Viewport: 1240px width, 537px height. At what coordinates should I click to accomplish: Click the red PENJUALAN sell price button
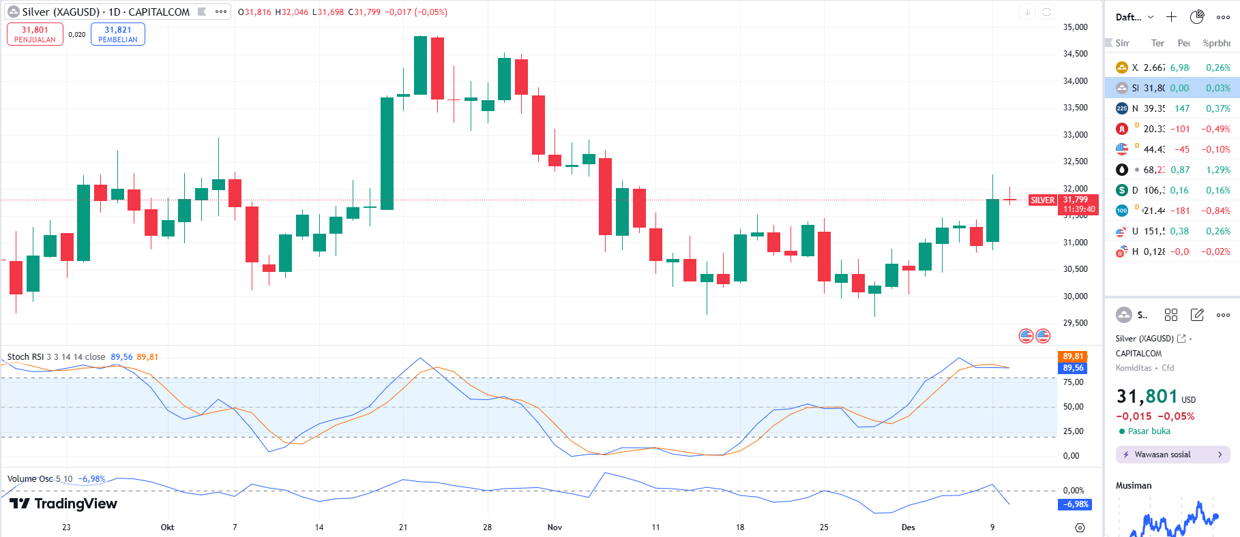click(x=35, y=34)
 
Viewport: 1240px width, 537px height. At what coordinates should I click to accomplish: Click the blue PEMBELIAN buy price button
click(x=118, y=34)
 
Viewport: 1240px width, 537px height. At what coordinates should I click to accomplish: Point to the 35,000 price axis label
click(x=1076, y=27)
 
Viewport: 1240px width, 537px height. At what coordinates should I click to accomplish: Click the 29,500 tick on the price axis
click(x=1076, y=323)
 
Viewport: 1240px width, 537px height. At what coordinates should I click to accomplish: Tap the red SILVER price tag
click(x=1042, y=200)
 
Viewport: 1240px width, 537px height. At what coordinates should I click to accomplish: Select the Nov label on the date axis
click(x=555, y=527)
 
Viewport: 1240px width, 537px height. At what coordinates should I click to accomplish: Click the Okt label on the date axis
click(x=167, y=527)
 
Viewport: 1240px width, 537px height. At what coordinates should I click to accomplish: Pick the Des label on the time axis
click(x=908, y=527)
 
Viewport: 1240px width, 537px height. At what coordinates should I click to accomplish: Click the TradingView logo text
click(x=64, y=504)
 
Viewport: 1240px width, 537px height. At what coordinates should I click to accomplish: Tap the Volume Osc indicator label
click(x=30, y=479)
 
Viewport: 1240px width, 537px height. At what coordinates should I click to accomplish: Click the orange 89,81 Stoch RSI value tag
click(x=1073, y=356)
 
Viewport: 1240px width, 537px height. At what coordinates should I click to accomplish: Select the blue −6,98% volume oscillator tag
click(x=1075, y=504)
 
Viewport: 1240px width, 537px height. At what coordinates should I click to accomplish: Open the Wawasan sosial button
click(x=1172, y=455)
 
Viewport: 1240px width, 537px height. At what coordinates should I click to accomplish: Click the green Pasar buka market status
click(x=1149, y=431)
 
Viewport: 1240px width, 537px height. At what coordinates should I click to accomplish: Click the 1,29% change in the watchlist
click(x=1218, y=170)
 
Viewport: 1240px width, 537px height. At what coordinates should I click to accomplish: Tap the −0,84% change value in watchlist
click(x=1216, y=211)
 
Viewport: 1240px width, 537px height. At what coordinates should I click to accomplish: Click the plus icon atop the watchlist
click(x=1171, y=17)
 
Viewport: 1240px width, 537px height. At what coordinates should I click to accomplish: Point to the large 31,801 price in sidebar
click(x=1147, y=397)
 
